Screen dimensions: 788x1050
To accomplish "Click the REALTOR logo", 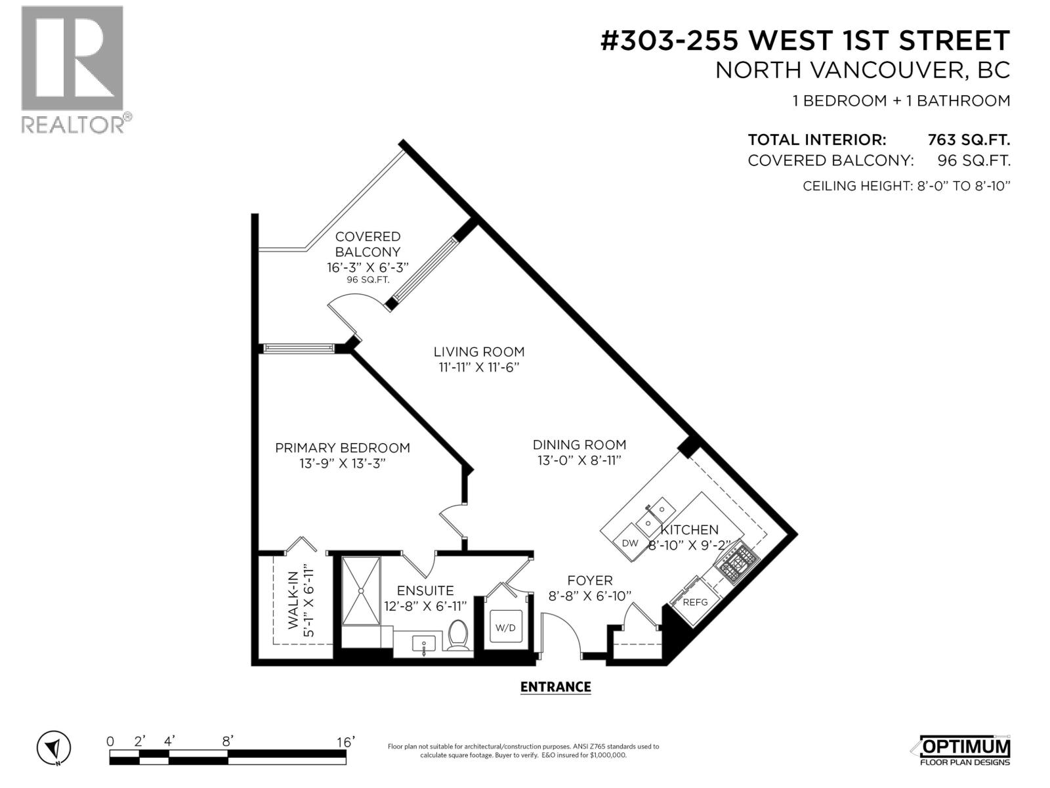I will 72,69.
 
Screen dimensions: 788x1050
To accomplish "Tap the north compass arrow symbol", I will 54,748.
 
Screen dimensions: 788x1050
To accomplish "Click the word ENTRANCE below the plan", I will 555,687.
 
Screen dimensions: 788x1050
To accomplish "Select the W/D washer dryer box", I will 505,628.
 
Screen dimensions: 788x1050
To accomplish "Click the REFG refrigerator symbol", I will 696,602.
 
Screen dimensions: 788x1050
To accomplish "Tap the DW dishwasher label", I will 630,543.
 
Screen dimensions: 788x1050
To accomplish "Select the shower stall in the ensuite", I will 360,591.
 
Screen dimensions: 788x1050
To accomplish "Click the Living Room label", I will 479,351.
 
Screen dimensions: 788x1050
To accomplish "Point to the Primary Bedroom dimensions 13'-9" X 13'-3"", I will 342,464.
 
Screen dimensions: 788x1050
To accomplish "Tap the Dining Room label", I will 579,445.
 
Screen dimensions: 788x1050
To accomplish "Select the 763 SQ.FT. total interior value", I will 968,140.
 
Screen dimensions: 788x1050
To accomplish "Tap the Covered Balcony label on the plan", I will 367,244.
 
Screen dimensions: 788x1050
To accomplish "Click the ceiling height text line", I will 906,186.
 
